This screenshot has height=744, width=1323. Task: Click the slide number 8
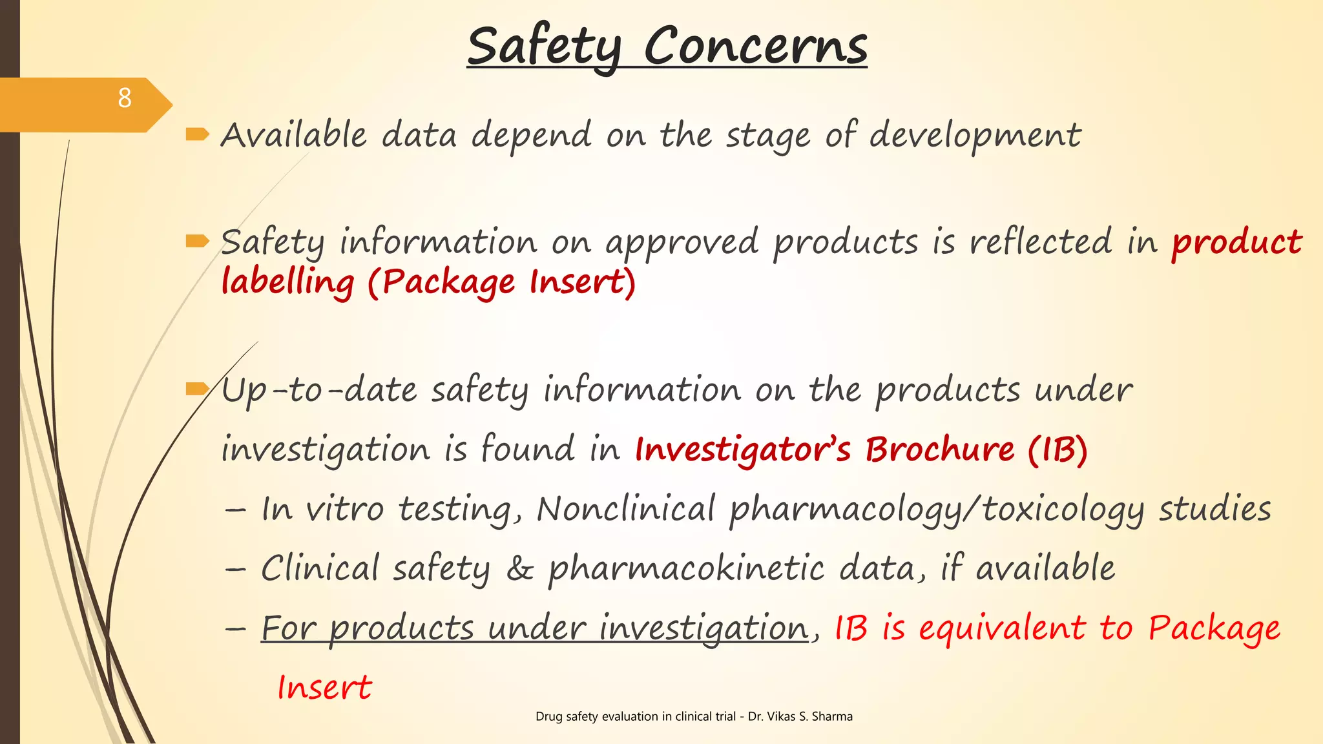tap(125, 98)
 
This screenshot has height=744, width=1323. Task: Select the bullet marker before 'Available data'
tap(197, 134)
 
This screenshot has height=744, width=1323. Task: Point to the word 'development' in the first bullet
tap(975, 136)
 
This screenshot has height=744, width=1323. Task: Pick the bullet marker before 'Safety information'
tap(197, 242)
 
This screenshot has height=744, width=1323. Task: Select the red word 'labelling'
tap(287, 282)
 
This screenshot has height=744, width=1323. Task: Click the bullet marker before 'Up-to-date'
tap(197, 388)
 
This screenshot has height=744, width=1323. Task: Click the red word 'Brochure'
tap(940, 449)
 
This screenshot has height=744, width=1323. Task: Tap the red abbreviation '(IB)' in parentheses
tap(1058, 449)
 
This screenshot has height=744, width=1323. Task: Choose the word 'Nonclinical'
tap(625, 508)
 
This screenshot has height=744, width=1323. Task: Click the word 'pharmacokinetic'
tap(686, 569)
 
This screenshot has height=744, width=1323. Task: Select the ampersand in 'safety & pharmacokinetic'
tap(519, 569)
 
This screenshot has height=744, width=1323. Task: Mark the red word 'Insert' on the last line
tap(324, 687)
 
